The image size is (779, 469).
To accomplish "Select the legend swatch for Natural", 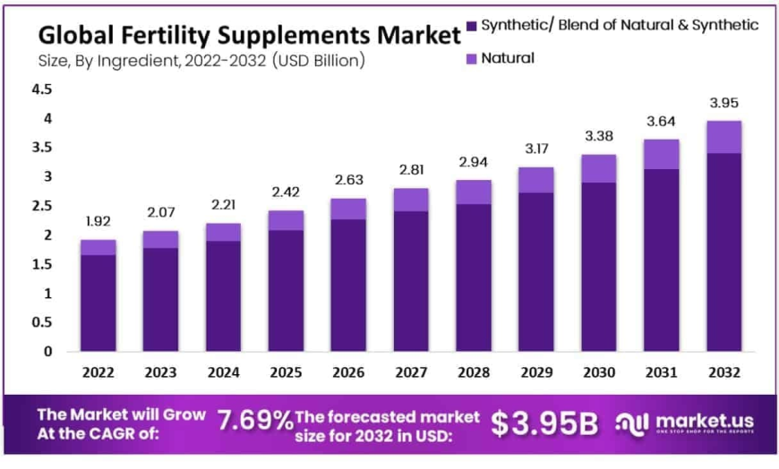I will pyautogui.click(x=473, y=58).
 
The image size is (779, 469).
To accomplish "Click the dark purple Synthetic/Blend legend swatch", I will pyautogui.click(x=473, y=25).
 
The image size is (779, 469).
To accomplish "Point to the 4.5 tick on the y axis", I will pyautogui.click(x=41, y=90).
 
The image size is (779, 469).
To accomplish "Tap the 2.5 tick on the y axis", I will pyautogui.click(x=41, y=206).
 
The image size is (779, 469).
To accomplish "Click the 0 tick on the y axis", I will pyautogui.click(x=47, y=352).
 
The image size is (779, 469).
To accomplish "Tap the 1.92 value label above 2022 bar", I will pyautogui.click(x=98, y=221).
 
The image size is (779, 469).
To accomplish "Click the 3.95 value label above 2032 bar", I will pyautogui.click(x=723, y=102).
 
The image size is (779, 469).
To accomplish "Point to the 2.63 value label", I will pyautogui.click(x=349, y=180).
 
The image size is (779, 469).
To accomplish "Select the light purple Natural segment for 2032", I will pyautogui.click(x=723, y=137).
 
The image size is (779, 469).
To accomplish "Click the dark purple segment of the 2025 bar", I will pyautogui.click(x=287, y=291).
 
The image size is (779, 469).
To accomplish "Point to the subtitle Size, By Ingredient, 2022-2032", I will pyautogui.click(x=201, y=61).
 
